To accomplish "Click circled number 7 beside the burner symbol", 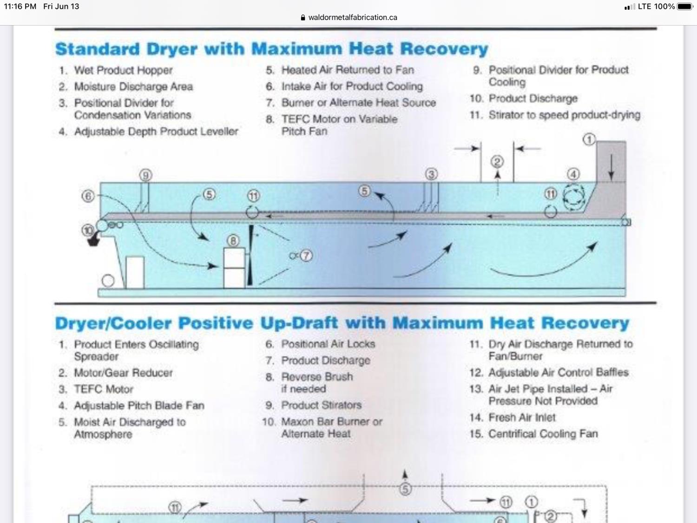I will click(x=306, y=256).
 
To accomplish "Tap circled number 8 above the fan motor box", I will click(x=233, y=240).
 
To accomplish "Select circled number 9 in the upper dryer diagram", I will click(x=146, y=175).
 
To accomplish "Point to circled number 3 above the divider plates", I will click(x=431, y=174).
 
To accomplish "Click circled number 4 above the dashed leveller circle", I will click(x=573, y=174).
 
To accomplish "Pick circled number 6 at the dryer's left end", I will click(x=88, y=196).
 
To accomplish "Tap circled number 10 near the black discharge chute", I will click(x=87, y=230).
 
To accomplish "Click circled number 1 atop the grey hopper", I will click(x=589, y=139).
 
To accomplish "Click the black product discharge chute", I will click(x=94, y=240).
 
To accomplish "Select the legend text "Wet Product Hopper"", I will click(x=123, y=70).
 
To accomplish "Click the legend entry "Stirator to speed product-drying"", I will click(x=564, y=115).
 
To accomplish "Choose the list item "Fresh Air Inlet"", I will click(x=522, y=417).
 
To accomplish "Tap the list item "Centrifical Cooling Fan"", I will click(x=543, y=434).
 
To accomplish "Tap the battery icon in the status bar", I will click(x=685, y=7).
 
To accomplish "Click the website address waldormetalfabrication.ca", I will click(x=353, y=17).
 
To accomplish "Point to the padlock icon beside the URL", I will click(x=303, y=18).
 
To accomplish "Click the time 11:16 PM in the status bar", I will click(x=20, y=7).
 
